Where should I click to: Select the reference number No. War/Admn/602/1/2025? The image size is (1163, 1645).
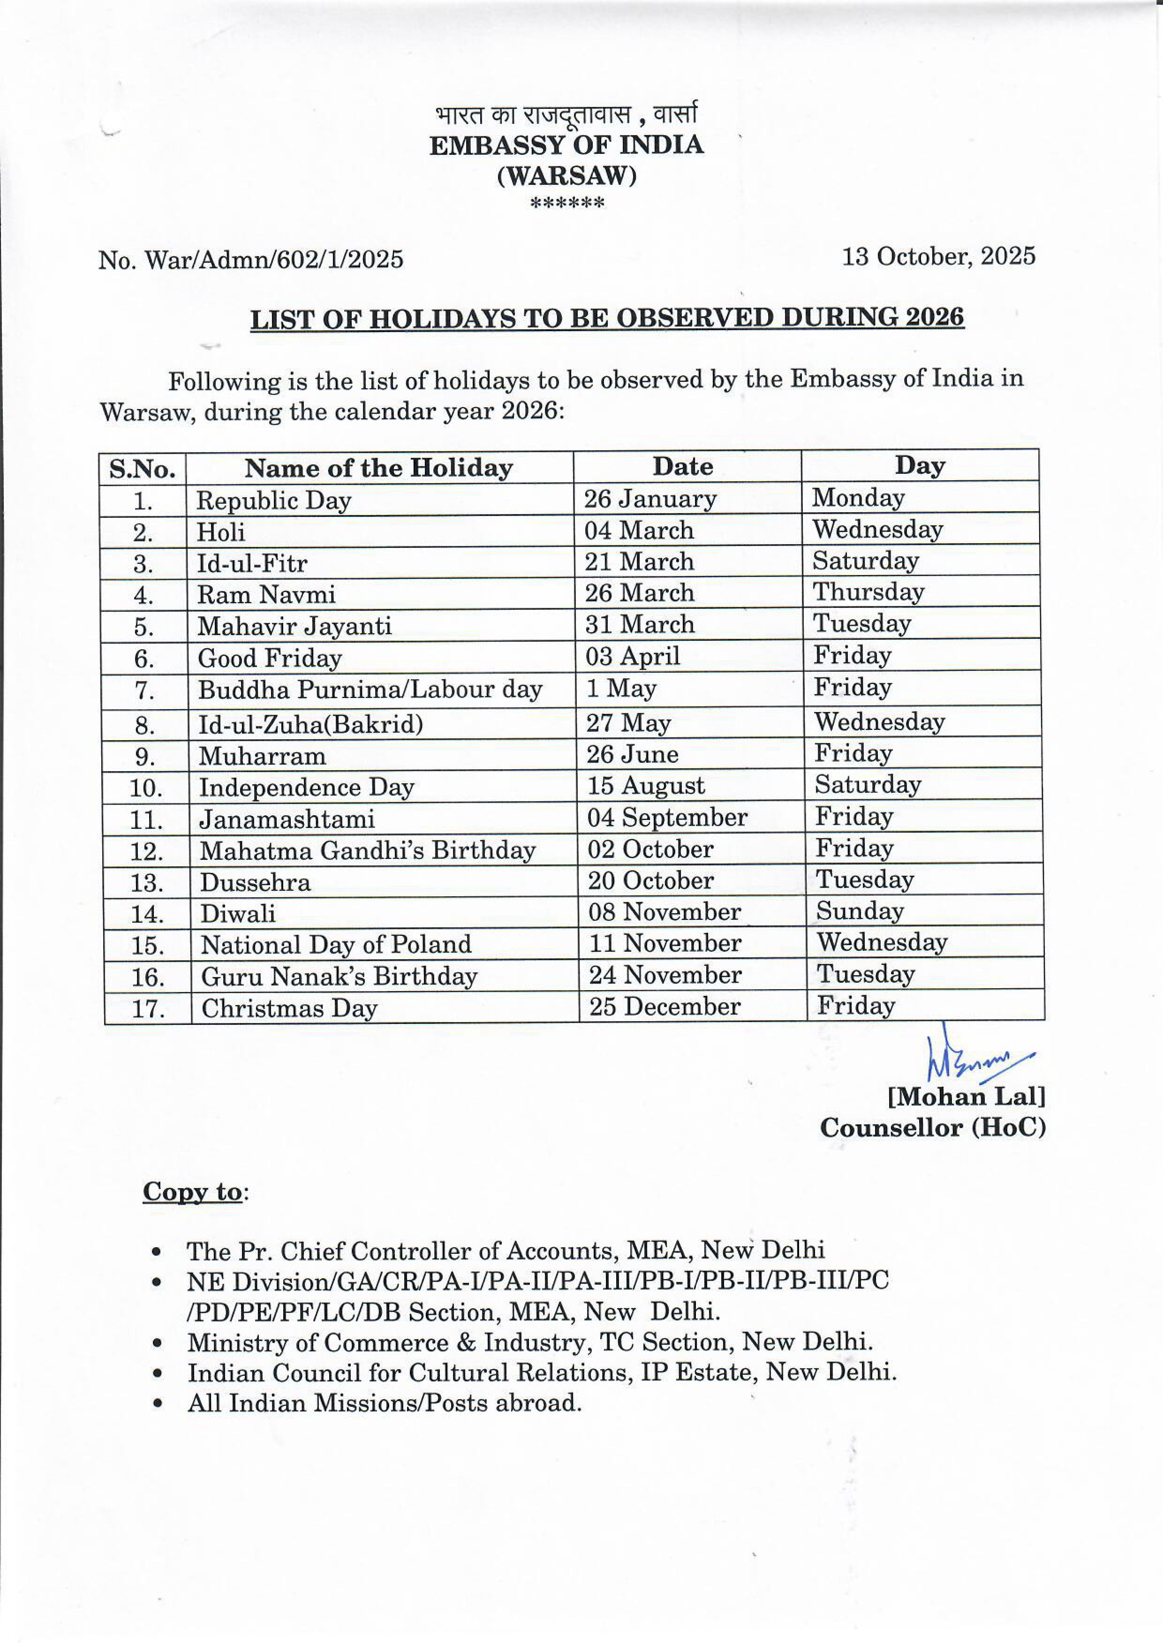click(250, 258)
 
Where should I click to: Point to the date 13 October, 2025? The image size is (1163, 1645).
click(938, 256)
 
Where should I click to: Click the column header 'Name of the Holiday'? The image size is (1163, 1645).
click(379, 468)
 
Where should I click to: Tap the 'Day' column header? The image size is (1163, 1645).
click(920, 466)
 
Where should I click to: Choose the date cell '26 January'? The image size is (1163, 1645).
click(649, 499)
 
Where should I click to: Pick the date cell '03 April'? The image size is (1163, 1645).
click(632, 656)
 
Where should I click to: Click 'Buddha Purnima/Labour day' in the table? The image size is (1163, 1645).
click(370, 689)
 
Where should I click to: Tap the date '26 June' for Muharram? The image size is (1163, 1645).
click(632, 754)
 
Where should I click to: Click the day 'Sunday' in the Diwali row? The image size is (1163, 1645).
click(860, 910)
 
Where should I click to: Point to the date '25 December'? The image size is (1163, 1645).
click(665, 1007)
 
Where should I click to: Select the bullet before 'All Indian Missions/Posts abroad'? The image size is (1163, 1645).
click(156, 1403)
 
